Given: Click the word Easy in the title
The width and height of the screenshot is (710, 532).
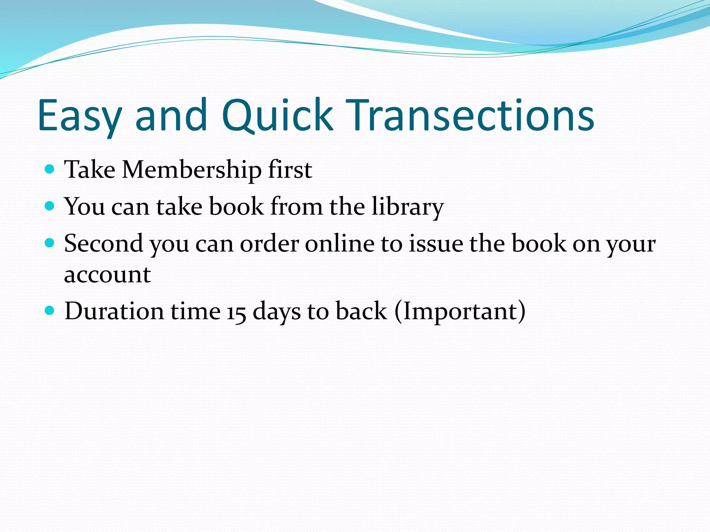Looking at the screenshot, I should pos(80,116).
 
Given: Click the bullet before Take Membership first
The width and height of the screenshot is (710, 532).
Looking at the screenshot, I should pos(50,169).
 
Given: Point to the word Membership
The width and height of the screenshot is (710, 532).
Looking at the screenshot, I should pos(191,170).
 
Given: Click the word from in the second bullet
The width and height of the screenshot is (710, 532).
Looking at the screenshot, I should pos(296,207).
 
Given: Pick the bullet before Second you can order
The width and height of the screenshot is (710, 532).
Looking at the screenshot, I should pos(50,243).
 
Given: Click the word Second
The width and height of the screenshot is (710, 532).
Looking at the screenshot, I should pos(103,243).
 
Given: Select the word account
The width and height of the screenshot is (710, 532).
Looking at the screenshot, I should pos(107,275).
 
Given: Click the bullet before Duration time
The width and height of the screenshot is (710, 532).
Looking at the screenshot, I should pos(50,310).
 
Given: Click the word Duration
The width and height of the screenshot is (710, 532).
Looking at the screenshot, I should pos(114,311).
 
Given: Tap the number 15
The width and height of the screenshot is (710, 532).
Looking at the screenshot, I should pos(236,312).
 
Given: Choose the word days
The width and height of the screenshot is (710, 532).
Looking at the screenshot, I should pos(276,312).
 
